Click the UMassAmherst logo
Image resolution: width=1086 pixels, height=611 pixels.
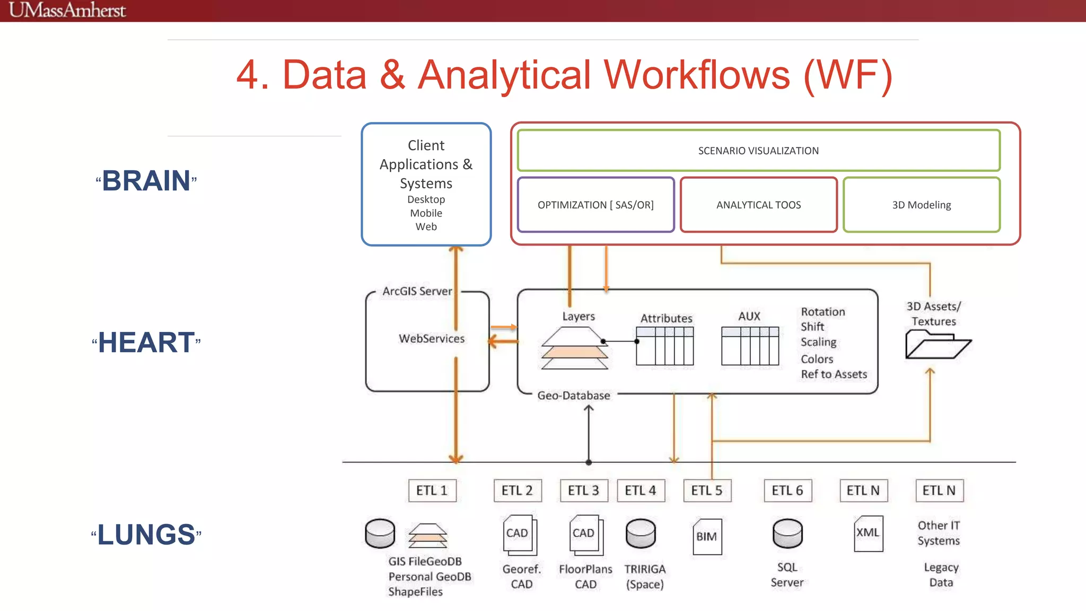tap(67, 10)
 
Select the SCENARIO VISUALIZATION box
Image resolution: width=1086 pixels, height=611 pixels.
tap(758, 151)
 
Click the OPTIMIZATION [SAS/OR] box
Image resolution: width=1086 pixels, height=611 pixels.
tap(595, 205)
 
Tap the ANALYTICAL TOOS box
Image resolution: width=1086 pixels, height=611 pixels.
tap(758, 205)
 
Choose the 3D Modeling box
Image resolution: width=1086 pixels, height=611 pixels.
tap(921, 205)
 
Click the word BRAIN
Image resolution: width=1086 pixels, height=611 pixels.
tap(146, 181)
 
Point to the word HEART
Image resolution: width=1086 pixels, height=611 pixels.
tap(146, 342)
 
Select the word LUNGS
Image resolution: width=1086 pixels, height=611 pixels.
tap(146, 534)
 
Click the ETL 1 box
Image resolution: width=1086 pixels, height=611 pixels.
tap(432, 491)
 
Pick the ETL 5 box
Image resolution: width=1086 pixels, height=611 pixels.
tap(706, 491)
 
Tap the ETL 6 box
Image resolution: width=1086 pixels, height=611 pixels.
tap(787, 491)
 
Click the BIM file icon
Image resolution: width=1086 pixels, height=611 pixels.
tap(707, 536)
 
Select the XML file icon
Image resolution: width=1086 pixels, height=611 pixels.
tap(868, 533)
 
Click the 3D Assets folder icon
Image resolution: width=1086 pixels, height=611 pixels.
tap(937, 345)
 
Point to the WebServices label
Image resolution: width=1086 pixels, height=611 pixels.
tap(432, 338)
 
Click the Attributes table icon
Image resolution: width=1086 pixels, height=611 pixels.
tap(664, 346)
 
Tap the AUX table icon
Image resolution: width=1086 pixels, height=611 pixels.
tap(750, 346)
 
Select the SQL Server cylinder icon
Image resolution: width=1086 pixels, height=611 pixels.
tap(787, 533)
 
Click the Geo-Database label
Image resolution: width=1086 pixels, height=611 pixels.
tap(573, 396)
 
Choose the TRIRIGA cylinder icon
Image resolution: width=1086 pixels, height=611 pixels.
tap(641, 533)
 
